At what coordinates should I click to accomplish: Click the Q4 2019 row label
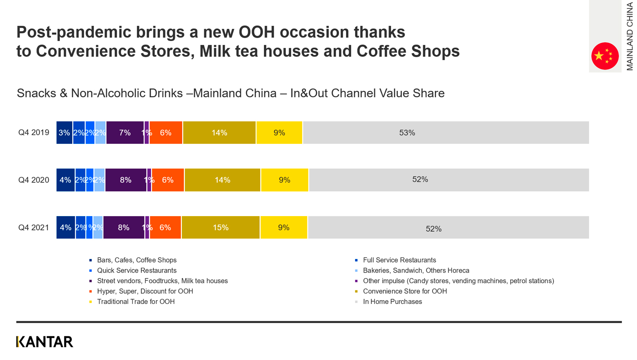click(34, 132)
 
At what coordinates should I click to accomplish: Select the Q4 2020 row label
click(34, 180)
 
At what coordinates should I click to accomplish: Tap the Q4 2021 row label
click(34, 228)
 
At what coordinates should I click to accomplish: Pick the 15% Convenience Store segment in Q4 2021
click(220, 228)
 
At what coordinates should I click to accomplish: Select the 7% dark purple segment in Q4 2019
click(125, 132)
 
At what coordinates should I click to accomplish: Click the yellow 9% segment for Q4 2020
click(285, 180)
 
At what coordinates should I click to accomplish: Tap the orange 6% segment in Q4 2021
click(165, 228)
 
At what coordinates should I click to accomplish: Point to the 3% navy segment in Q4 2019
click(64, 132)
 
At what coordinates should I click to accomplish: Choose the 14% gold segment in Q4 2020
click(222, 180)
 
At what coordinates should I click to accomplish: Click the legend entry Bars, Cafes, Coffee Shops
click(136, 260)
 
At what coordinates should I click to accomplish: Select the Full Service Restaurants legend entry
click(399, 260)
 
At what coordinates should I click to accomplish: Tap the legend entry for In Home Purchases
click(392, 302)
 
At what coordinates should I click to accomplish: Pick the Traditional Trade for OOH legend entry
click(135, 302)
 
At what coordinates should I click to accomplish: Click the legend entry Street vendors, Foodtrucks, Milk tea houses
click(162, 281)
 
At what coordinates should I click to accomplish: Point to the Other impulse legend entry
click(458, 281)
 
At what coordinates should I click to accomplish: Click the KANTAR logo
click(45, 342)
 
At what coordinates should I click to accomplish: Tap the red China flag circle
click(605, 56)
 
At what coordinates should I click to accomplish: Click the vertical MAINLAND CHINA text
click(629, 36)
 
